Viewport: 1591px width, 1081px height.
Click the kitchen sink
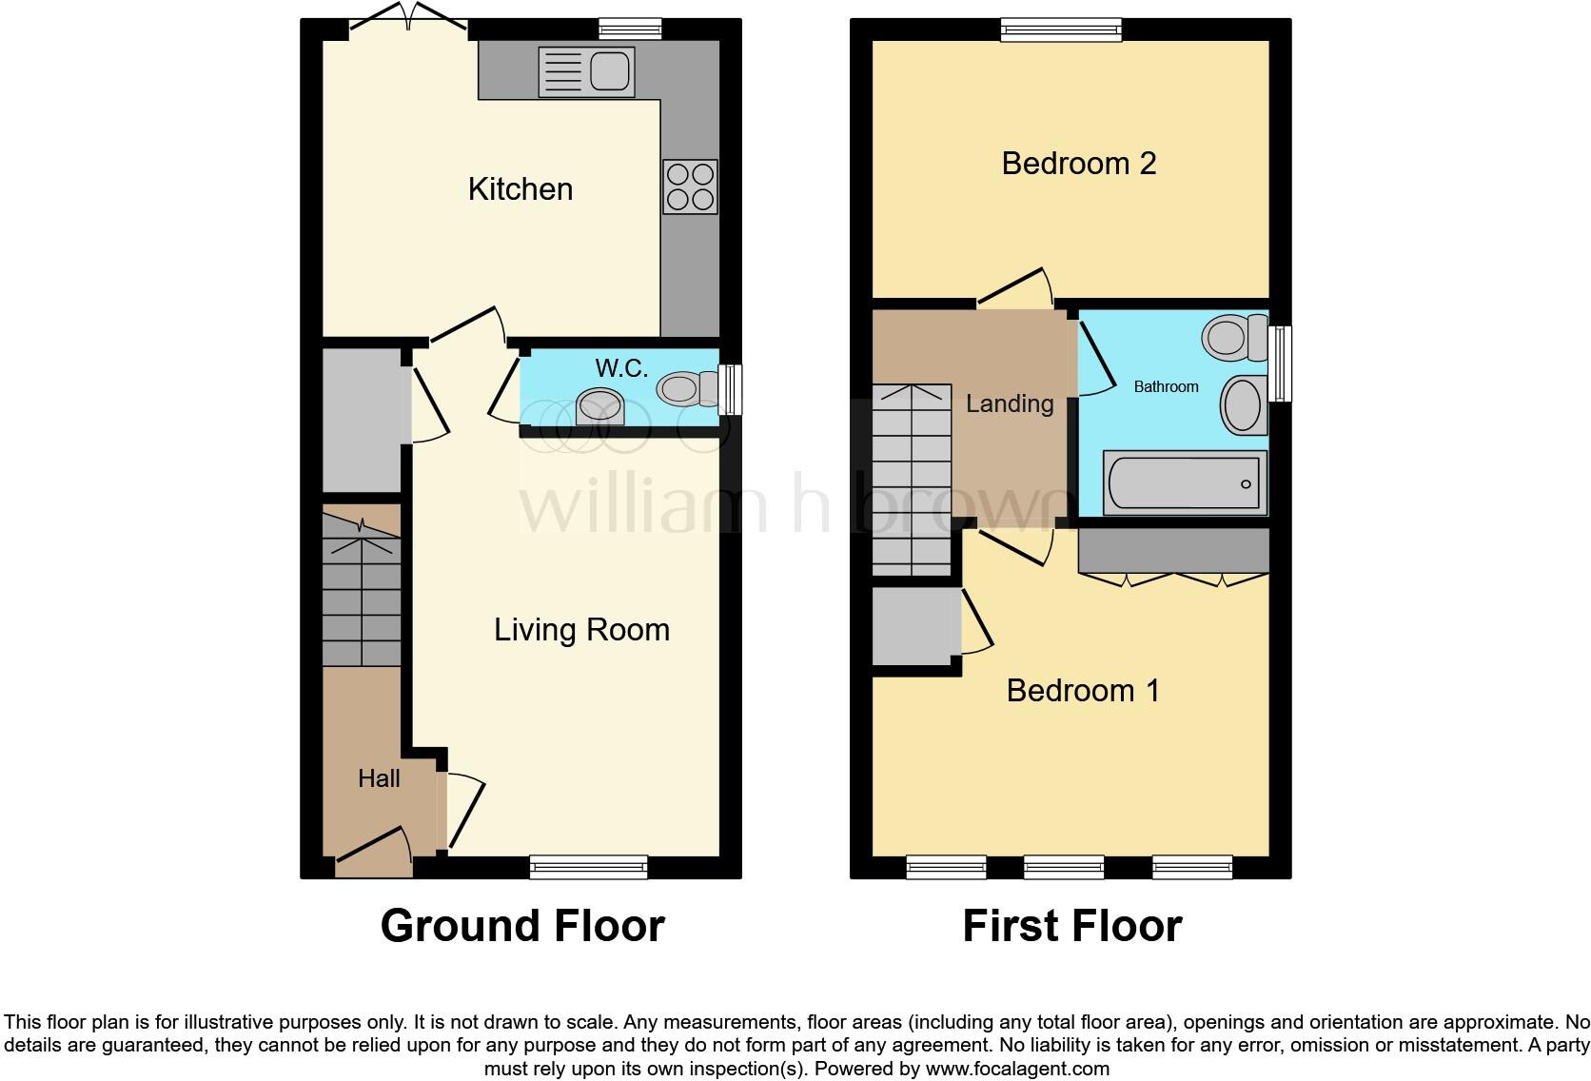586,72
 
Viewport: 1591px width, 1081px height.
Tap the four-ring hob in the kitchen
690,187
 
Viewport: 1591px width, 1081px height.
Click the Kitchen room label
521,189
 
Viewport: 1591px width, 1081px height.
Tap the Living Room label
581,630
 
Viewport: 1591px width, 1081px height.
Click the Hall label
379,778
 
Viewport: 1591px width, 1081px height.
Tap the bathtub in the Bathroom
1185,483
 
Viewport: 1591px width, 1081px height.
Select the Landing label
1010,403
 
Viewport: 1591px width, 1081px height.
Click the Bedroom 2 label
1079,164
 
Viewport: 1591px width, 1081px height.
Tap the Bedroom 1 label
1083,690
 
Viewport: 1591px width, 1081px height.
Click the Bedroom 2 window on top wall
1061,31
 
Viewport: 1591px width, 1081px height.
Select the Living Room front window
588,867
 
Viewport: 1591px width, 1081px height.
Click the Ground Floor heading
522,926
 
